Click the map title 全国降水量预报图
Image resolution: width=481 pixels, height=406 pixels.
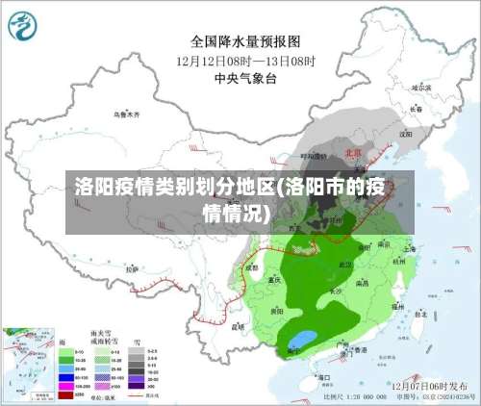pos(245,42)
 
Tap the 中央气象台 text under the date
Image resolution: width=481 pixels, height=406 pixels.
pos(245,78)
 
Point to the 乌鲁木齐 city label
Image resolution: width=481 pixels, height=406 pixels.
pos(127,114)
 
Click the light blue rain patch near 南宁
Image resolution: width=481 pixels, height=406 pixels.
pos(303,338)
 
